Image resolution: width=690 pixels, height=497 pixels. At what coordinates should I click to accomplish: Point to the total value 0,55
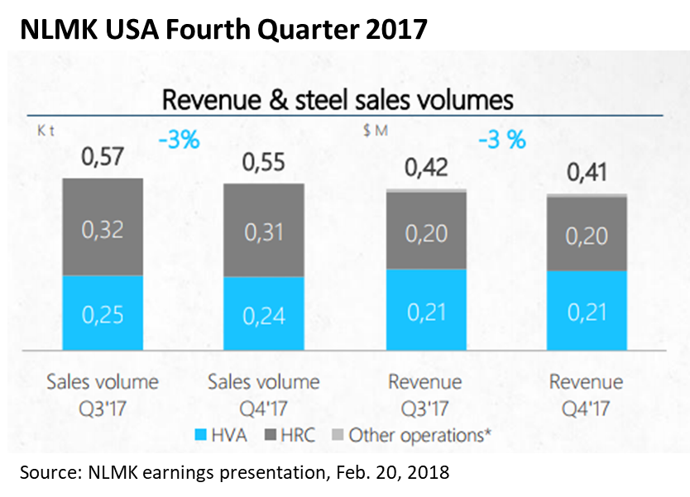[264, 160]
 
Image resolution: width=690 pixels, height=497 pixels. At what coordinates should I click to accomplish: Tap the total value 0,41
[587, 174]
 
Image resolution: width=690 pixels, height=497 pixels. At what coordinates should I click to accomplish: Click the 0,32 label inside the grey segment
[103, 228]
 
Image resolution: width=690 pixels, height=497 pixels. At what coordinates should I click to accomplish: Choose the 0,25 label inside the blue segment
[103, 316]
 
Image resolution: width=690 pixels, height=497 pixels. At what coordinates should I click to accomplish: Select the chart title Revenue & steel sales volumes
[337, 100]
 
